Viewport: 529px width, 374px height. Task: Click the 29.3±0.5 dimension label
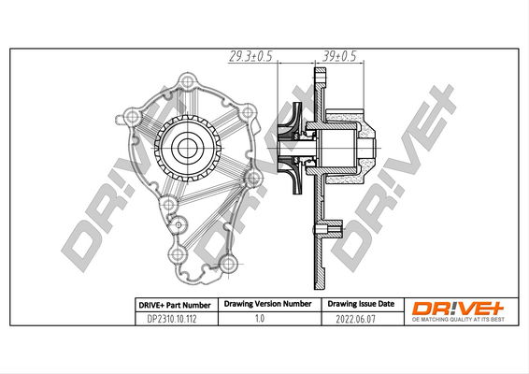pyautogui.click(x=250, y=56)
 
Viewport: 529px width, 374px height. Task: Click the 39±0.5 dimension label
pyautogui.click(x=338, y=56)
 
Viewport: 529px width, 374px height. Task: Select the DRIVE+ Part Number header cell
pyautogui.click(x=175, y=305)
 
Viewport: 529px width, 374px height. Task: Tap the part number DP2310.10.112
pyautogui.click(x=172, y=319)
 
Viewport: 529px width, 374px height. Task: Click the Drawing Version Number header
pyautogui.click(x=267, y=304)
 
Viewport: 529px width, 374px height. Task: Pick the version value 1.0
pyautogui.click(x=260, y=318)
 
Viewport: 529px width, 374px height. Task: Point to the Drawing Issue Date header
pyautogui.click(x=361, y=304)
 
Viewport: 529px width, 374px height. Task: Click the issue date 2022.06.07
pyautogui.click(x=355, y=319)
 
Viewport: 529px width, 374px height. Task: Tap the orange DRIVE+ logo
pyautogui.click(x=458, y=309)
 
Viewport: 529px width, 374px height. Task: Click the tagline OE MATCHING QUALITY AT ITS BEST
pyautogui.click(x=458, y=320)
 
